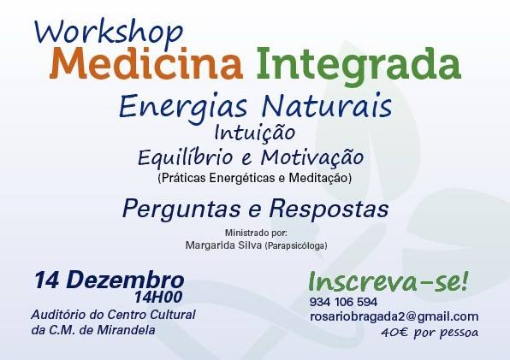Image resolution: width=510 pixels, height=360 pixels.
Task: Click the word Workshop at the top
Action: click(109, 33)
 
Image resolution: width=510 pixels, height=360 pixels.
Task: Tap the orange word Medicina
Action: click(146, 63)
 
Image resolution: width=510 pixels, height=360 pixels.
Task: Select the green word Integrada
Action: click(359, 67)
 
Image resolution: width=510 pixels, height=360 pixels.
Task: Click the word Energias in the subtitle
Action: click(183, 107)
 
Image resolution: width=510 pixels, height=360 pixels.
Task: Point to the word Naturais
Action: click(327, 106)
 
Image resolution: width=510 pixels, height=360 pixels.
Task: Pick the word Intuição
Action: click(255, 133)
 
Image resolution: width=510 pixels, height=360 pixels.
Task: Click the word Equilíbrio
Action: click(186, 157)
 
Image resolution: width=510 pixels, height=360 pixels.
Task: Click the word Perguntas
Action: click(181, 210)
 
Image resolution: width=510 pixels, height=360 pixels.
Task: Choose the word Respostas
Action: click(329, 210)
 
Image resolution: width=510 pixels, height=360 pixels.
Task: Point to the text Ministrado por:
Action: click(256, 233)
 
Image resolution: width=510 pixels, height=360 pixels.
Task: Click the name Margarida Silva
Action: click(223, 245)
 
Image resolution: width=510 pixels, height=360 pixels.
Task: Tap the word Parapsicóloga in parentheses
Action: click(296, 246)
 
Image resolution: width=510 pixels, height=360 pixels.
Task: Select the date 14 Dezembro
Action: click(110, 280)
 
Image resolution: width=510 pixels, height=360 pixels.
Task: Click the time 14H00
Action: click(158, 297)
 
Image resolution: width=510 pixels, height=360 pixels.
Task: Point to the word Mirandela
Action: click(126, 330)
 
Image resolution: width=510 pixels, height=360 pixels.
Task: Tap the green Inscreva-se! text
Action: click(388, 281)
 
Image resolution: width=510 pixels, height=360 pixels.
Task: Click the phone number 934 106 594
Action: click(343, 302)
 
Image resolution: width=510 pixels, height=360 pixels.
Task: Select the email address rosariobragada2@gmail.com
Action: click(394, 316)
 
